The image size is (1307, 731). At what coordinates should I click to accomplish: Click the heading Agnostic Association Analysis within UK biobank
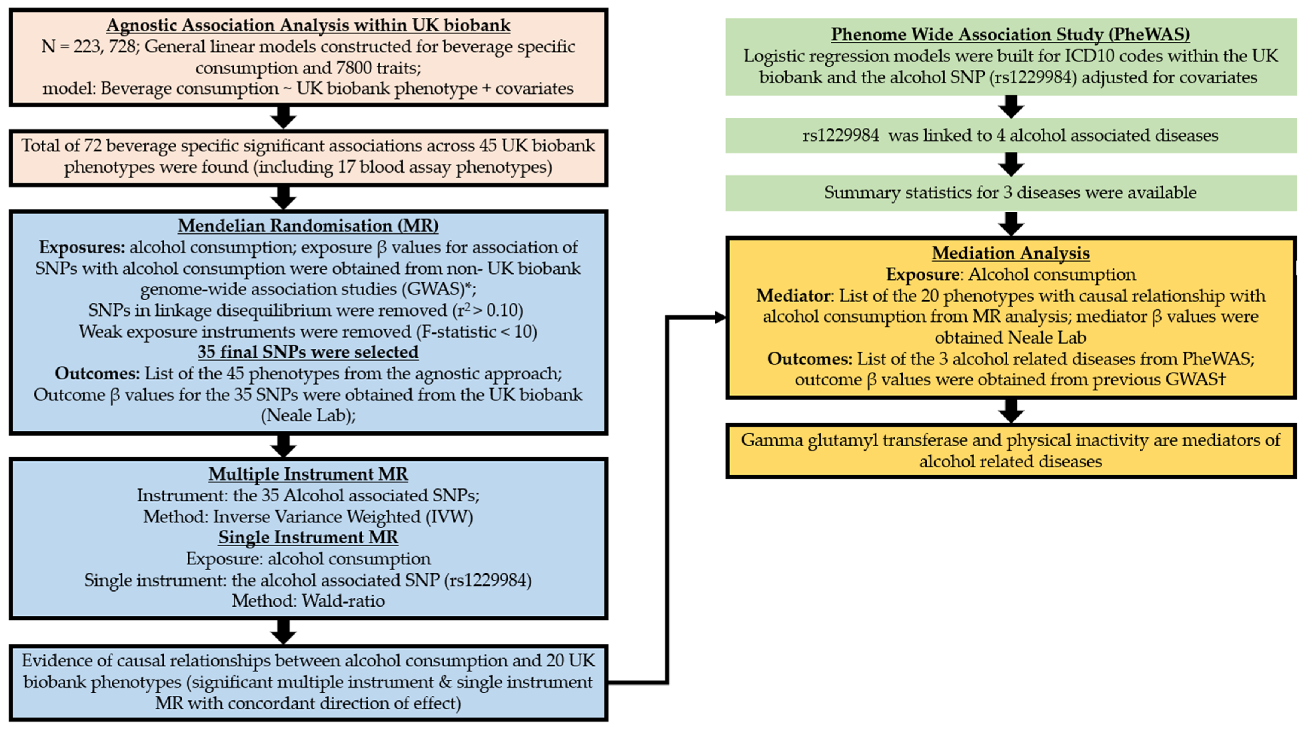[x=308, y=25]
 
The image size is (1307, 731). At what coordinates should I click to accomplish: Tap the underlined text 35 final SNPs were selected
[x=308, y=352]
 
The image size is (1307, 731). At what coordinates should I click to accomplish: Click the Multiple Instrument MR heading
[x=308, y=474]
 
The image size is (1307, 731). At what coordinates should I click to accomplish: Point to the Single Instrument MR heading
[x=308, y=537]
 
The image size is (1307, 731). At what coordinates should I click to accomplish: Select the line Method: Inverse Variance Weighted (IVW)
[x=308, y=517]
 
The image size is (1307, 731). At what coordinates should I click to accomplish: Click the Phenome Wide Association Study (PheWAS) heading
[x=1010, y=34]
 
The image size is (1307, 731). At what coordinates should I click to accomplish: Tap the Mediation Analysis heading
[x=1010, y=253]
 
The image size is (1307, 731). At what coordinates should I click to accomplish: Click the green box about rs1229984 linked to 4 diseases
[x=1010, y=136]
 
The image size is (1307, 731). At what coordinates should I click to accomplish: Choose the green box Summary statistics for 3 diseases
[x=1010, y=193]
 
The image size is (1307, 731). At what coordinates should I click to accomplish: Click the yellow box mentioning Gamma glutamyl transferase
[x=1010, y=451]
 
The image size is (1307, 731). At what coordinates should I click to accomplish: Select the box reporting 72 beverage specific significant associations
[x=308, y=157]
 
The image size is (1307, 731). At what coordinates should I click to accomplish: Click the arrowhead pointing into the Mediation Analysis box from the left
[x=720, y=318]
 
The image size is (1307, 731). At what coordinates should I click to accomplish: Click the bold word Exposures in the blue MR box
[x=82, y=247]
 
